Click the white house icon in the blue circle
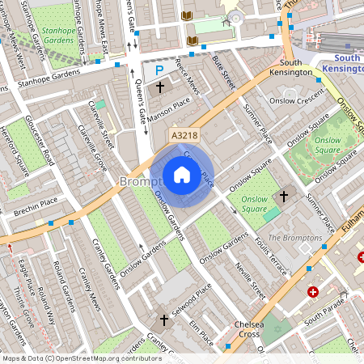tap(182, 175)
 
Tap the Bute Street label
tap(222, 82)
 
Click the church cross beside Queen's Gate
tap(159, 86)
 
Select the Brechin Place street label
tap(36, 212)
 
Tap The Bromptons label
tap(289, 237)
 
